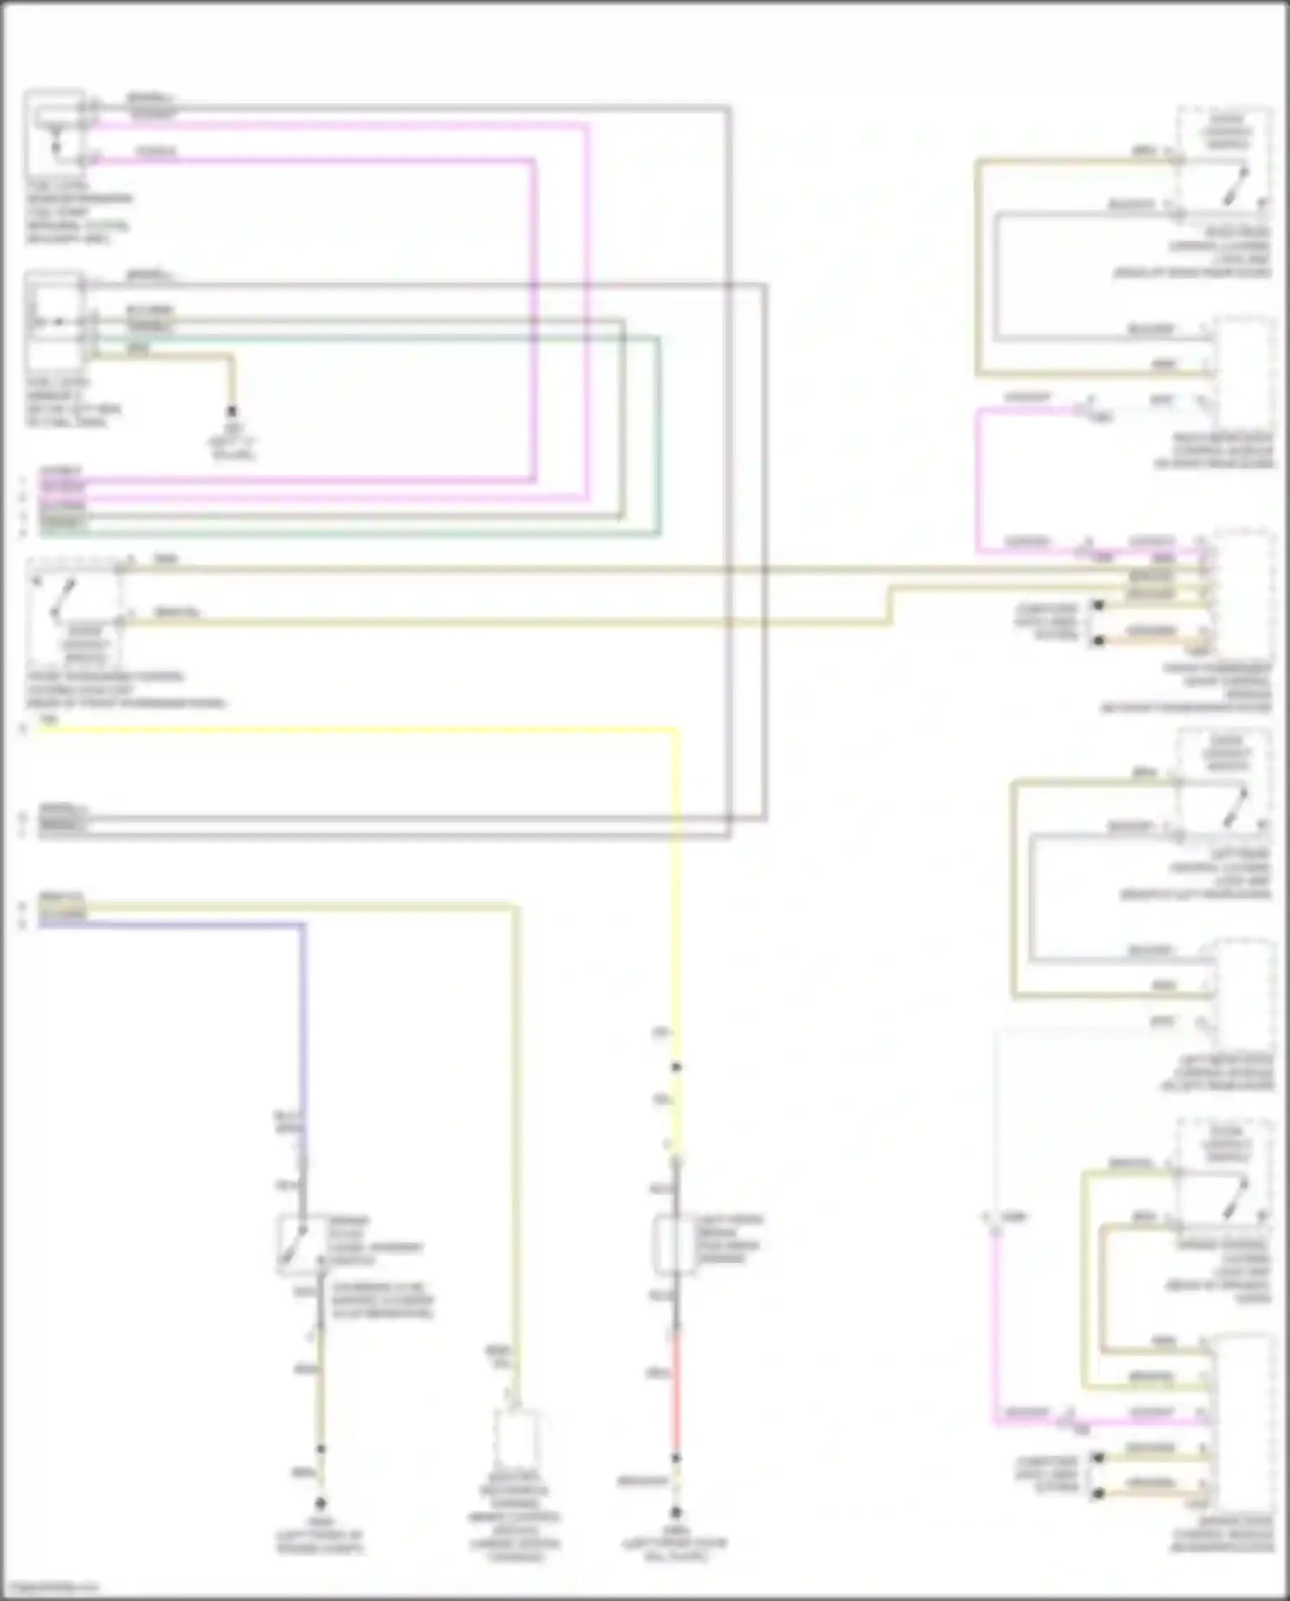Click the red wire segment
676,1394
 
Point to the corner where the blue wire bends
303,926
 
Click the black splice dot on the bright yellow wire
676,1067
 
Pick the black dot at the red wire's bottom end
676,1458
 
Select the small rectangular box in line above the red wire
673,1244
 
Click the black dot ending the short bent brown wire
230,412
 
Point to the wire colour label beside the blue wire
287,1122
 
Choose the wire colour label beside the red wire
658,1373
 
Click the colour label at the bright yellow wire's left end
50,721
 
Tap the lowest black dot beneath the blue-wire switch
320,1504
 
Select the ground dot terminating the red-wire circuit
676,1512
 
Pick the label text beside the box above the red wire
729,1239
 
